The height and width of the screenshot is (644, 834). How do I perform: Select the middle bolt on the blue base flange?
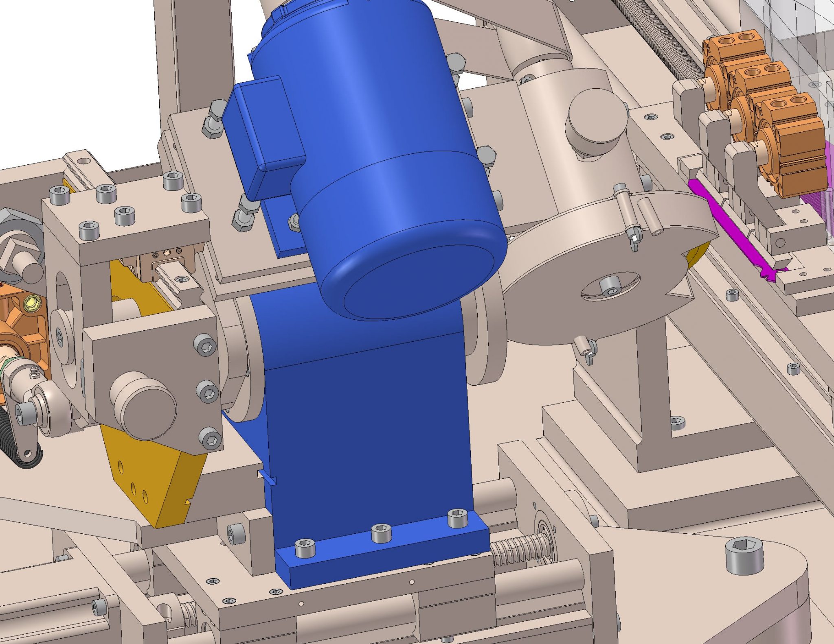point(382,533)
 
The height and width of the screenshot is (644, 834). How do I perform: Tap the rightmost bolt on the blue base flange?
point(456,517)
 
